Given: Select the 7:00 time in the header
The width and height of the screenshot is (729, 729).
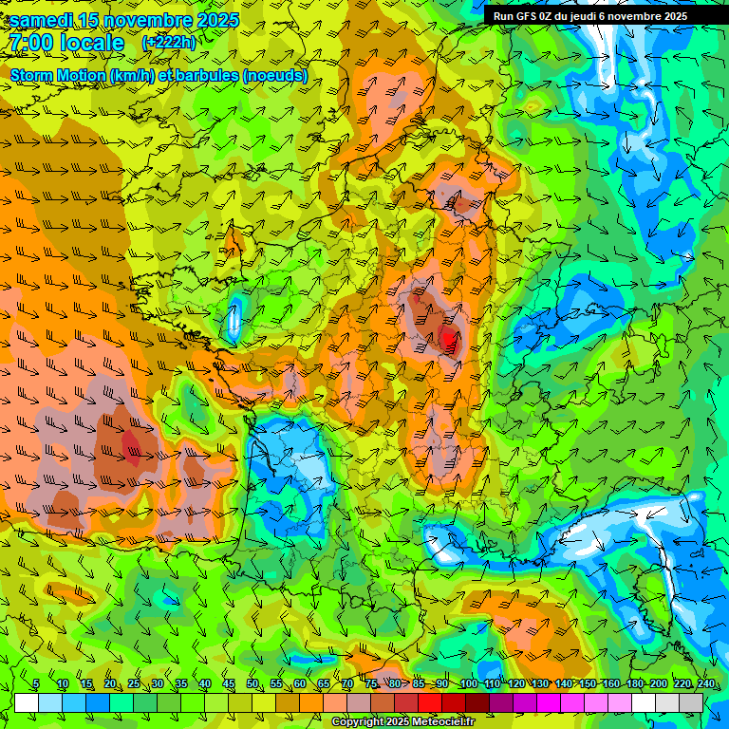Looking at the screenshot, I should [30, 43].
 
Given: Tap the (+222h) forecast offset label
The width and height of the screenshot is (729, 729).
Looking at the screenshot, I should [169, 43].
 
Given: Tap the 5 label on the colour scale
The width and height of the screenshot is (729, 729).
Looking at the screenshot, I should [36, 684].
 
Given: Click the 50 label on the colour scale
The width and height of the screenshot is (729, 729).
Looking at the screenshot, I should [252, 684].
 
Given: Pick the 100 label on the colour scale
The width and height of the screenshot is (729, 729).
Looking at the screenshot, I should [468, 684].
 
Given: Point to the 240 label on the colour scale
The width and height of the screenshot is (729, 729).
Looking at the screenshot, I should [705, 684].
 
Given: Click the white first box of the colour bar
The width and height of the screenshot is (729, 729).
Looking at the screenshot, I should [27, 702].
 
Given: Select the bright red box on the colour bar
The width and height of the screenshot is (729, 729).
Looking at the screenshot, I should [430, 702].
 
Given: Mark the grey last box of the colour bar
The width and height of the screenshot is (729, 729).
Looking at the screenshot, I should [691, 702].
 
